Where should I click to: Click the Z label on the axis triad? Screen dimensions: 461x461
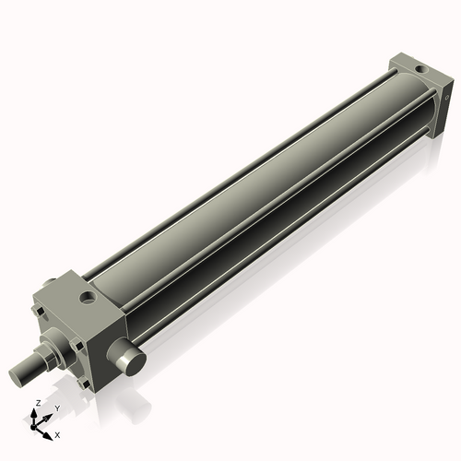tap(36, 404)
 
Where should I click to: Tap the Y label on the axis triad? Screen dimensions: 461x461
tap(56, 408)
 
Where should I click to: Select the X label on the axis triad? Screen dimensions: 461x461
tap(57, 433)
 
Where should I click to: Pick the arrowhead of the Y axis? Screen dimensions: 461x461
tap(48, 416)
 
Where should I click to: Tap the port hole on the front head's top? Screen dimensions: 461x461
tap(88, 298)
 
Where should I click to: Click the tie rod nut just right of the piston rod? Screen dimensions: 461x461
tap(77, 346)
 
